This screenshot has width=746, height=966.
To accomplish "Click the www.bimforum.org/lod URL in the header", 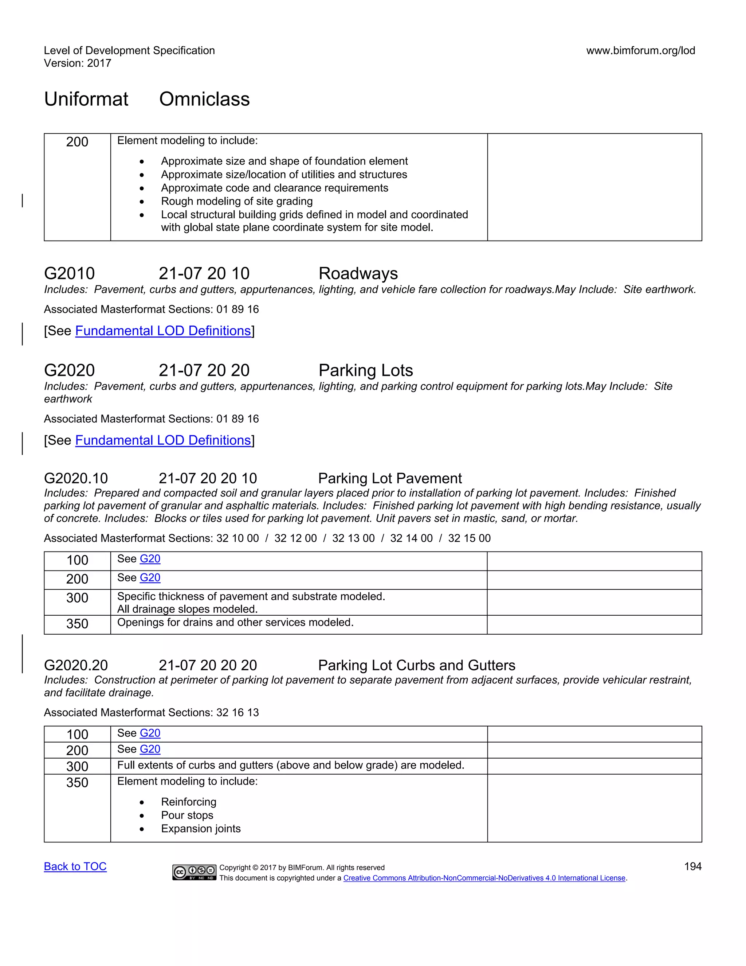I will click(640, 50).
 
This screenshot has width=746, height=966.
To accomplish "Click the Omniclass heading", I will click(204, 99).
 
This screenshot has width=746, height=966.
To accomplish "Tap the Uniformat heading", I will click(86, 99).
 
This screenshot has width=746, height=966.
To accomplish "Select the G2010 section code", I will click(69, 273).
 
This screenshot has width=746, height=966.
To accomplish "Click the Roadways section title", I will click(358, 273).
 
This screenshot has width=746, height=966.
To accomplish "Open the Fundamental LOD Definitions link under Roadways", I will click(163, 331).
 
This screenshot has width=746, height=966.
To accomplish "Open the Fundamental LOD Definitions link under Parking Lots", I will click(163, 440).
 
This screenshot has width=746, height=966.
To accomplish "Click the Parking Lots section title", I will click(365, 370).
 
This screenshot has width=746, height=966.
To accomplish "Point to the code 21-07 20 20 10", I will click(208, 478).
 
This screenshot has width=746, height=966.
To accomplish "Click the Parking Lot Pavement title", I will click(390, 478).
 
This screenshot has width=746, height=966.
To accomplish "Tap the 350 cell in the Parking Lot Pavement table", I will click(77, 624).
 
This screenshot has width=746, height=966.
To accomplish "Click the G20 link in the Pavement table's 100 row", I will click(150, 559).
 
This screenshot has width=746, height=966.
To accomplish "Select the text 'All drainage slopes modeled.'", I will click(187, 609).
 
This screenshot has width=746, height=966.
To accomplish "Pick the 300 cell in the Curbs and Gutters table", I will click(77, 766).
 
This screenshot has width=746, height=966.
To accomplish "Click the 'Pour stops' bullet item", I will click(187, 815).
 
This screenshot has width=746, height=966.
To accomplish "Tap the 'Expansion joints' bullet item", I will click(201, 829).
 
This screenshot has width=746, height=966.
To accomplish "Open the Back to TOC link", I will click(75, 866).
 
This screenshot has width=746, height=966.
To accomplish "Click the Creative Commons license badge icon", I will click(195, 872).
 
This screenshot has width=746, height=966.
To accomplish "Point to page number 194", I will click(692, 866).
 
